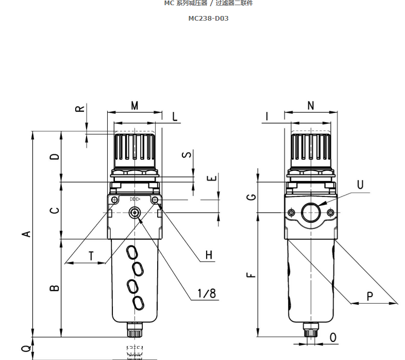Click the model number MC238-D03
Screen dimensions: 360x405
(x=208, y=18)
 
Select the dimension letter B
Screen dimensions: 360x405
(x=55, y=288)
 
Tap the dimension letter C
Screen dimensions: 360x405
(x=55, y=210)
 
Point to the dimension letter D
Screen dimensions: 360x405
(x=55, y=156)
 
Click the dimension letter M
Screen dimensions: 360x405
(x=134, y=106)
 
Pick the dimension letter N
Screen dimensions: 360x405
(x=311, y=106)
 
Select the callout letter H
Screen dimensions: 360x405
(x=209, y=255)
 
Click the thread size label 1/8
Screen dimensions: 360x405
(x=207, y=293)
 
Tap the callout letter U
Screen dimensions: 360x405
(x=360, y=185)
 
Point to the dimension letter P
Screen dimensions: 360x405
(x=370, y=296)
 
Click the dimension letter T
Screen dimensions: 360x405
(x=91, y=256)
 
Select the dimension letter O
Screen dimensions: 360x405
(x=333, y=337)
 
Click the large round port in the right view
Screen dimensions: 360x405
(x=311, y=212)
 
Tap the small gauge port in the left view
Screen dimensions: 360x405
(x=135, y=212)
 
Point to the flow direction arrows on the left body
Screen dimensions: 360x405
(x=135, y=199)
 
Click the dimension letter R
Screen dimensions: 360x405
(x=80, y=109)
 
